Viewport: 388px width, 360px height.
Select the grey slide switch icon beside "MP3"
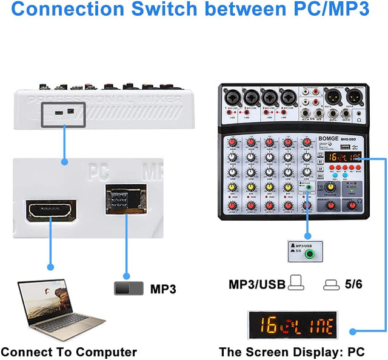point(129,288)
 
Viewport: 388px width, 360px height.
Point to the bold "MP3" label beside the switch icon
point(162,289)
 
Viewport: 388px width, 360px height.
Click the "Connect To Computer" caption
point(69,352)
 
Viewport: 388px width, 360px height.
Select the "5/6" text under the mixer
point(352,284)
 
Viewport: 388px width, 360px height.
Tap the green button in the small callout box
point(312,255)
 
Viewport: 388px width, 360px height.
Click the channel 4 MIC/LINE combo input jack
point(288,97)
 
